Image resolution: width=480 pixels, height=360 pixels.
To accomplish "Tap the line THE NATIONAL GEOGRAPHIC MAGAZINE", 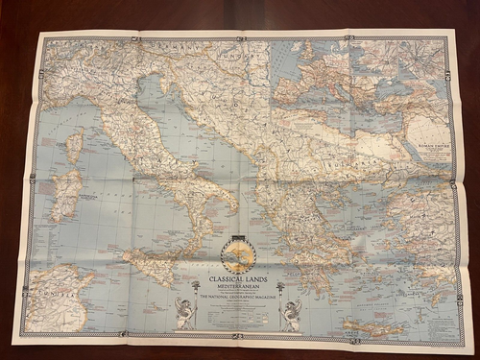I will coord(240,301).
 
